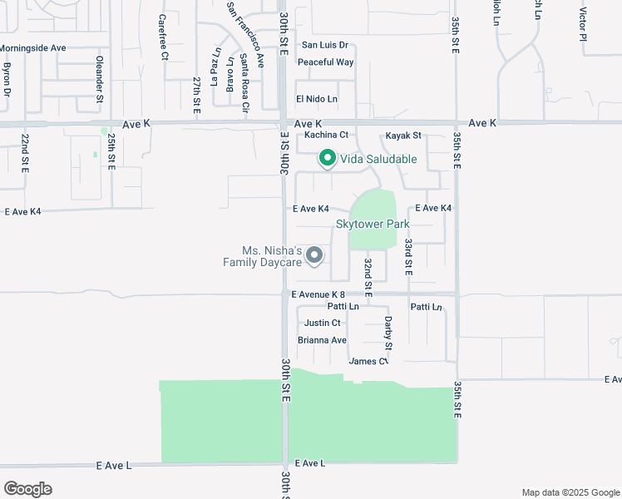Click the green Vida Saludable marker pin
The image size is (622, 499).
click(328, 157)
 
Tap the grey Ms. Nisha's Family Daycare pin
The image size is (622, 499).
click(314, 255)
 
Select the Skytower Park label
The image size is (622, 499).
click(373, 225)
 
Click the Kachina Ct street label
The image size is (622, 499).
click(325, 135)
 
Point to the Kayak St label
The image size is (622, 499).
click(403, 135)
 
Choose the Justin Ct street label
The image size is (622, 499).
click(323, 323)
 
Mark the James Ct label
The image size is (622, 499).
click(368, 361)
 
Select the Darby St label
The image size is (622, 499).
click(388, 332)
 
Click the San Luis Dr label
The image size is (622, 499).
click(324, 45)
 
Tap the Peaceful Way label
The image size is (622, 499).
click(325, 62)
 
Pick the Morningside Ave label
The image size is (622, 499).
click(33, 48)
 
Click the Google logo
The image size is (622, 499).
click(27, 488)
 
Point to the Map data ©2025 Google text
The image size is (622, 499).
click(570, 492)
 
